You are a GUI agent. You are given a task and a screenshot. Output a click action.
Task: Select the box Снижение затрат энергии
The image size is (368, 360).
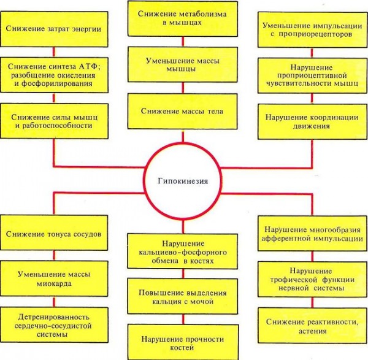click(54, 29)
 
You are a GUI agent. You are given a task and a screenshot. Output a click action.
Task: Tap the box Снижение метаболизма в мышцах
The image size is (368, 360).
click(183, 18)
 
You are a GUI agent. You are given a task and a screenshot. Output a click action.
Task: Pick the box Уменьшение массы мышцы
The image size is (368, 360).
click(183, 64)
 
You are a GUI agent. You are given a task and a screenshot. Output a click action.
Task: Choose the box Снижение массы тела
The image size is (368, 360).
click(183, 111)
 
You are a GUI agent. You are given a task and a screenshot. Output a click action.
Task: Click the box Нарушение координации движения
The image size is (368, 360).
click(312, 121)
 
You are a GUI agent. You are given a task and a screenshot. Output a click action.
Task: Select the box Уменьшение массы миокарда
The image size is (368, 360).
click(54, 278)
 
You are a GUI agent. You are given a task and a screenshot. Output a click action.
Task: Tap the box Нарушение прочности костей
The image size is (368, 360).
click(183, 342)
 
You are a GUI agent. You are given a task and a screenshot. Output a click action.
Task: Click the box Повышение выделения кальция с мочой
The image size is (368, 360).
click(183, 296)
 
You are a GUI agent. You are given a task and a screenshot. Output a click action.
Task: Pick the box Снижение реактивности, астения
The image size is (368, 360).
click(313, 326)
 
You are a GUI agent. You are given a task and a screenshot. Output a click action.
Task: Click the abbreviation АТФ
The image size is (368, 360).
click(88, 66)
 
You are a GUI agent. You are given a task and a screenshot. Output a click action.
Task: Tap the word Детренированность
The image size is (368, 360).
click(54, 317)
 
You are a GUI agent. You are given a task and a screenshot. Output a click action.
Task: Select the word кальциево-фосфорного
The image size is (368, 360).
click(183, 253)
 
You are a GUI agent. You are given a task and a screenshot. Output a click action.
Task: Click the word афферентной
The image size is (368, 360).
click(285, 239)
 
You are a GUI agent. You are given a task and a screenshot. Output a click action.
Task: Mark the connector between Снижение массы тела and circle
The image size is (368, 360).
click(183, 136)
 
